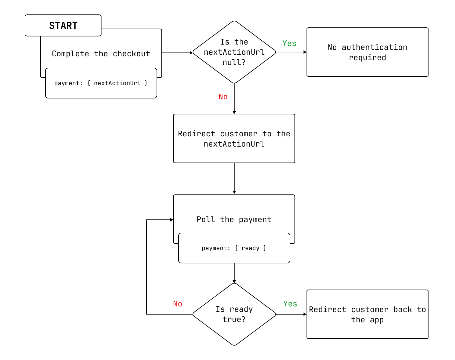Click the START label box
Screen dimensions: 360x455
click(63, 26)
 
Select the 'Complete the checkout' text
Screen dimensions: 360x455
click(101, 54)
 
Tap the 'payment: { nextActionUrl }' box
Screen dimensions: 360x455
click(101, 83)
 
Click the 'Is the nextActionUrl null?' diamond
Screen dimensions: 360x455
click(234, 52)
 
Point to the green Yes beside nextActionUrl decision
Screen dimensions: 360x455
click(289, 44)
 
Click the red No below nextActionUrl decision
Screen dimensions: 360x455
click(223, 97)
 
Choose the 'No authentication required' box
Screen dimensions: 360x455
click(367, 52)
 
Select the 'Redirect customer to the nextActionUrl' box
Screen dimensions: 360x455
click(234, 138)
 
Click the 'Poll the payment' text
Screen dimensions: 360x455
click(234, 219)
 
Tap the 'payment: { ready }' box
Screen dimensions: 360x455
click(234, 248)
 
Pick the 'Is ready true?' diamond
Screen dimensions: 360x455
click(234, 314)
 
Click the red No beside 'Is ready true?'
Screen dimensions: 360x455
click(177, 304)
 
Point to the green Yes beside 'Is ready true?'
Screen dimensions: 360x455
click(290, 304)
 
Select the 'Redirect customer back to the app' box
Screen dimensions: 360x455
click(367, 314)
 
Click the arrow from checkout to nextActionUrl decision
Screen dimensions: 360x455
click(177, 53)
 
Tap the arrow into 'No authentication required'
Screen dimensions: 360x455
click(291, 52)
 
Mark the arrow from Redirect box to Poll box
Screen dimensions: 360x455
click(234, 178)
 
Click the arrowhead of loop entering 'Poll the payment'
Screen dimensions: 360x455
click(172, 220)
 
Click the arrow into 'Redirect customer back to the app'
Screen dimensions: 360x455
click(291, 314)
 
